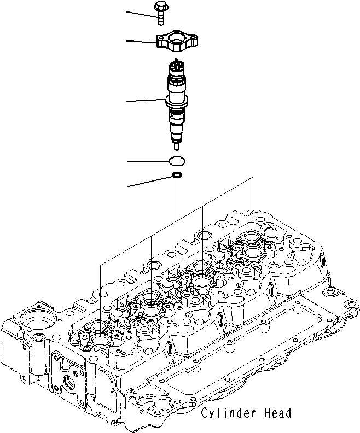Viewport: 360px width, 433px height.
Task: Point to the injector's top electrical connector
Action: tap(177, 67)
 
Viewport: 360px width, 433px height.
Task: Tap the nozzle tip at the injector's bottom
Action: tap(176, 146)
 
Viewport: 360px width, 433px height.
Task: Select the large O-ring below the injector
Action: tap(176, 161)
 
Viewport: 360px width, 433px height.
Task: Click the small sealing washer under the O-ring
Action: tap(177, 175)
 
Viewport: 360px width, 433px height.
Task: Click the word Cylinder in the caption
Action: tap(223, 413)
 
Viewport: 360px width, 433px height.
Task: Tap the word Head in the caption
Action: tap(275, 413)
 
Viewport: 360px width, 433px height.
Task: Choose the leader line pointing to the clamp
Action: tap(141, 40)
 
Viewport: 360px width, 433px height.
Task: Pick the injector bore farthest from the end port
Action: tap(253, 251)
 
